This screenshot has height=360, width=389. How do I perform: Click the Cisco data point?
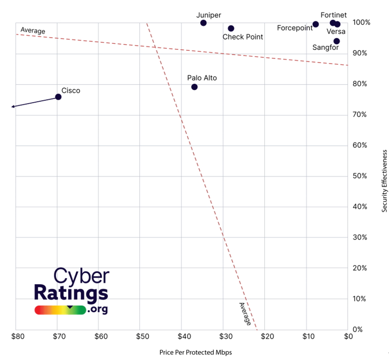coord(58,97)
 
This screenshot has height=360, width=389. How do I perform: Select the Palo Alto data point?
coord(194,87)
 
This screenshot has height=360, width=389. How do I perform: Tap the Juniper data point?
coord(203,23)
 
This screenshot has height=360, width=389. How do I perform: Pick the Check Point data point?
coord(231,28)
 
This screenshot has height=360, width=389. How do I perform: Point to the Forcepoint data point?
coord(316,24)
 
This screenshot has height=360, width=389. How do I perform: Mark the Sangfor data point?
coord(337,41)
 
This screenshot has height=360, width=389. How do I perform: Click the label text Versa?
coord(336,32)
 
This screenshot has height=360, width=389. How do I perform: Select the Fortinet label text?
coord(334,15)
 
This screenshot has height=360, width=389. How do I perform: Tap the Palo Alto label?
coord(202,78)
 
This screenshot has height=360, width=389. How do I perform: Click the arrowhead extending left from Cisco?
coord(13,107)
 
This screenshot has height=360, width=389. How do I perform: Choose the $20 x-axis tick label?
coord(267,336)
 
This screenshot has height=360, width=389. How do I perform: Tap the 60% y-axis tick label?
coord(361,145)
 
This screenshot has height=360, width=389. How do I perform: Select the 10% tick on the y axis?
coord(361,299)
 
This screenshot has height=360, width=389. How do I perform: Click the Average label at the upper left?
coord(33,31)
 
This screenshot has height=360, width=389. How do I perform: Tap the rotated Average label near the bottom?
coord(245,314)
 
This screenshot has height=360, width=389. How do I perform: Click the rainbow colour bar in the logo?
coord(60,310)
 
